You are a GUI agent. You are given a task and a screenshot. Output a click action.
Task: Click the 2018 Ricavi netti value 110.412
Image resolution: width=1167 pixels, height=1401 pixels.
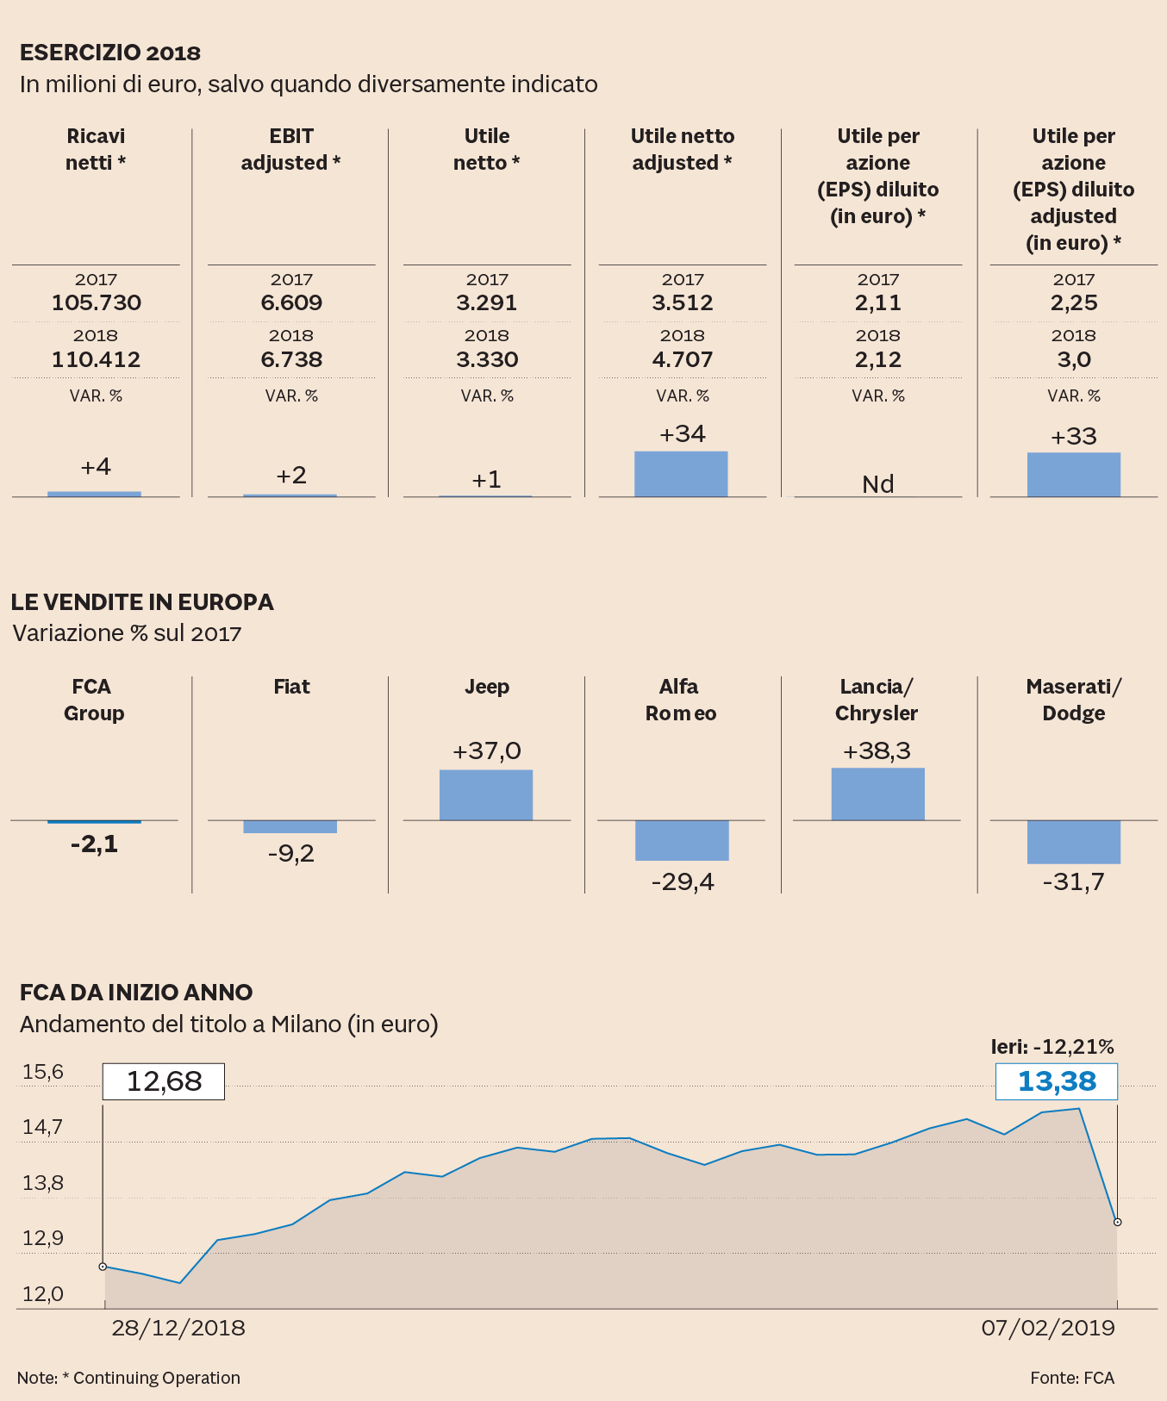[96, 359]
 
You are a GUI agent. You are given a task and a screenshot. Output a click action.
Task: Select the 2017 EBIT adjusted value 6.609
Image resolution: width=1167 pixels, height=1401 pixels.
[291, 302]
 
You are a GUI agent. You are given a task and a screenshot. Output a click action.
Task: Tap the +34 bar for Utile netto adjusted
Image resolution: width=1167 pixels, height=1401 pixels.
[681, 474]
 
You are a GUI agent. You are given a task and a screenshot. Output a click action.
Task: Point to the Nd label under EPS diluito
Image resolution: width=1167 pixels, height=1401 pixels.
[878, 484]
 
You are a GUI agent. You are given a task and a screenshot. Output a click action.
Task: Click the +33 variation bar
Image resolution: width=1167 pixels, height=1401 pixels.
[1073, 475]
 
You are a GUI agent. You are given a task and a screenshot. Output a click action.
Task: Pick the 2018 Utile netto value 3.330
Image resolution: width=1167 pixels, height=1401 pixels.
[487, 359]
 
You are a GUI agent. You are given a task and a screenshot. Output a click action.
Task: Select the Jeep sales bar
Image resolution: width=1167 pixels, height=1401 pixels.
[486, 794]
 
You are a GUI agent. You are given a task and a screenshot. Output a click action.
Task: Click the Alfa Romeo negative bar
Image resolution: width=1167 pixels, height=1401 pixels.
[682, 840]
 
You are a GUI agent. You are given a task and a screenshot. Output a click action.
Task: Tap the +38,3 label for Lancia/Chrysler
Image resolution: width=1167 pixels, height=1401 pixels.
[877, 751]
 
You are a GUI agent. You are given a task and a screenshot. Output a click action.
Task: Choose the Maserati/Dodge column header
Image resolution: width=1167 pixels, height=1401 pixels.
[1073, 700]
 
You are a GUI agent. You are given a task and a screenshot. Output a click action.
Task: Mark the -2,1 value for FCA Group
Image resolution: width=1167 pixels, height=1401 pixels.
[94, 844]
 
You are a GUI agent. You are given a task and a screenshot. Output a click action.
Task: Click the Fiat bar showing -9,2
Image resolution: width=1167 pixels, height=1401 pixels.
[290, 827]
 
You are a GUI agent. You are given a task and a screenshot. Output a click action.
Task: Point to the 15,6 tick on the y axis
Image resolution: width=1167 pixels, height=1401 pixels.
[43, 1072]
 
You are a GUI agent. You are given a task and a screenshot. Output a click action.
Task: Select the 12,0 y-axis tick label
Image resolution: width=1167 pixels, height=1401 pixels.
[43, 1294]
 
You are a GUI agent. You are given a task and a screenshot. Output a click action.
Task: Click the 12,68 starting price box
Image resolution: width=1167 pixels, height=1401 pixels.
[164, 1081]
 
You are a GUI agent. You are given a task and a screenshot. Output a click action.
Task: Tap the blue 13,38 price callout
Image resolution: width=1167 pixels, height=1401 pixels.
[1057, 1081]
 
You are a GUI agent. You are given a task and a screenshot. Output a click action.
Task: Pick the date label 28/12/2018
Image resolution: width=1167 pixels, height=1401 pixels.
[178, 1328]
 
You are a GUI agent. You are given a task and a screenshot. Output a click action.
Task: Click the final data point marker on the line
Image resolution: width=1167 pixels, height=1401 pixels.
[1118, 1222]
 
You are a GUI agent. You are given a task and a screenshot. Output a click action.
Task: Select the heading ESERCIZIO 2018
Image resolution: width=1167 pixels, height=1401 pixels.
[110, 53]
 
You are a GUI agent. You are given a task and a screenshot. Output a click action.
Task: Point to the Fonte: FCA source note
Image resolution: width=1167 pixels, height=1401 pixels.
[1072, 1378]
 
